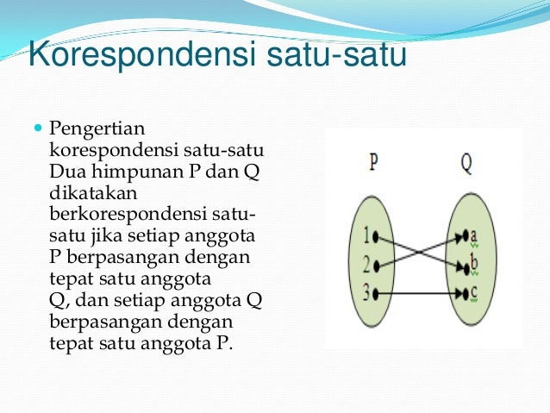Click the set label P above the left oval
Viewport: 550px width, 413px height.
pos(373,162)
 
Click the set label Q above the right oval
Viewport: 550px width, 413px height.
pos(466,162)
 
